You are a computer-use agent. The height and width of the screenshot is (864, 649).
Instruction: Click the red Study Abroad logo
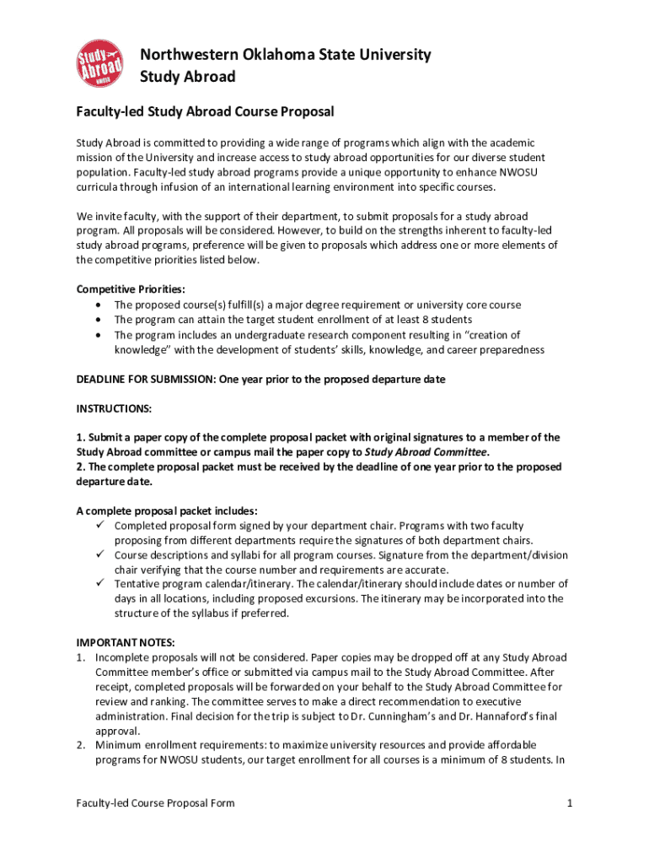pyautogui.click(x=98, y=62)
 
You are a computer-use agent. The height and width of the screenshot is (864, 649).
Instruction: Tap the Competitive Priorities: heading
pyautogui.click(x=131, y=289)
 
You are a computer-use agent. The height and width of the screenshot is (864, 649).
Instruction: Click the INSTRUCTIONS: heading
pyautogui.click(x=115, y=408)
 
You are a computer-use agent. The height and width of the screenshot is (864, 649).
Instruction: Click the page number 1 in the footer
pyautogui.click(x=570, y=802)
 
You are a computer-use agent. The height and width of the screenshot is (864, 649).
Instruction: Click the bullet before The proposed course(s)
pyautogui.click(x=101, y=305)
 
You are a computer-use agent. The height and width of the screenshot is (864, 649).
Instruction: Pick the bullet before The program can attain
pyautogui.click(x=101, y=320)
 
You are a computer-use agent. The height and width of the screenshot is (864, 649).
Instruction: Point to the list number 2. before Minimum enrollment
pyautogui.click(x=82, y=745)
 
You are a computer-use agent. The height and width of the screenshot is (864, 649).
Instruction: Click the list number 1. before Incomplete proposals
pyautogui.click(x=82, y=657)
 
